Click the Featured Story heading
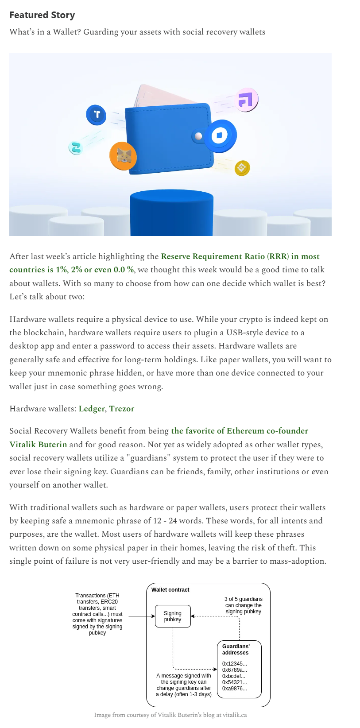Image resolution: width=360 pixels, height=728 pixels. click(x=42, y=15)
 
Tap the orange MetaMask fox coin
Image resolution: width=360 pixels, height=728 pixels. click(x=123, y=156)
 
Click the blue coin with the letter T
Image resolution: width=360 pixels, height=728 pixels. click(x=96, y=115)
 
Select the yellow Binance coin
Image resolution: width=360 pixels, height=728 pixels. click(x=242, y=168)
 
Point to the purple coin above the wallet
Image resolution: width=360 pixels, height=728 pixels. click(x=245, y=99)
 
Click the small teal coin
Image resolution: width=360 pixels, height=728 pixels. click(x=76, y=147)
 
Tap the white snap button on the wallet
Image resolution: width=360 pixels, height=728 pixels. click(x=198, y=136)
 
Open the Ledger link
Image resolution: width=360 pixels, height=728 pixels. click(x=92, y=409)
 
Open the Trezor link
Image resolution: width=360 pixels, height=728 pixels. click(x=122, y=409)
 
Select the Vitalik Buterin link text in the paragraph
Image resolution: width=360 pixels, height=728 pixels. click(x=39, y=445)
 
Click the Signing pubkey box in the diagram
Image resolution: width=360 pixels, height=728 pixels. click(x=173, y=616)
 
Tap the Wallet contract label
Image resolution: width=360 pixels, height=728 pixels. click(x=170, y=590)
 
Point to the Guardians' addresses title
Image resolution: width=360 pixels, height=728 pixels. click(x=236, y=650)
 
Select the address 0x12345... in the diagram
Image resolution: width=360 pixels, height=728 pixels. click(x=235, y=664)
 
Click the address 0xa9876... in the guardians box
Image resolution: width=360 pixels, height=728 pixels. click(x=235, y=689)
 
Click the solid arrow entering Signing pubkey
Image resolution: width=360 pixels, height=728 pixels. click(x=142, y=616)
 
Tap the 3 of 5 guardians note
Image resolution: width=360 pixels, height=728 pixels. click(x=243, y=605)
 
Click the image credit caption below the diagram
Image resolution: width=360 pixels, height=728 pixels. click(x=170, y=715)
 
